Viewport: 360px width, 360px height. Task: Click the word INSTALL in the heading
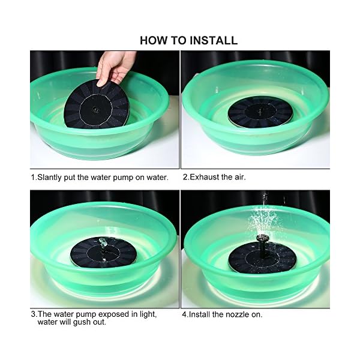(x=214, y=40)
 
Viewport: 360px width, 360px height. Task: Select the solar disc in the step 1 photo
(x=97, y=104)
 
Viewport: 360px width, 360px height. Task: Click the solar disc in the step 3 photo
(x=104, y=252)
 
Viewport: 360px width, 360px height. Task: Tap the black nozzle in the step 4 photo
(x=262, y=245)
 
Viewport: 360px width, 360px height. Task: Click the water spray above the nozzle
(x=264, y=218)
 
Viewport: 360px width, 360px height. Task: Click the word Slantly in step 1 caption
(x=49, y=178)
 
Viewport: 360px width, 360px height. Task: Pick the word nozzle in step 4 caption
(x=239, y=314)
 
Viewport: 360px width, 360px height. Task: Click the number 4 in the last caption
(x=184, y=314)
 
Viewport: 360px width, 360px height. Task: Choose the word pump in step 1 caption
(x=123, y=178)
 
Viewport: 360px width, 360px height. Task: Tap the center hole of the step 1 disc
(x=95, y=109)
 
